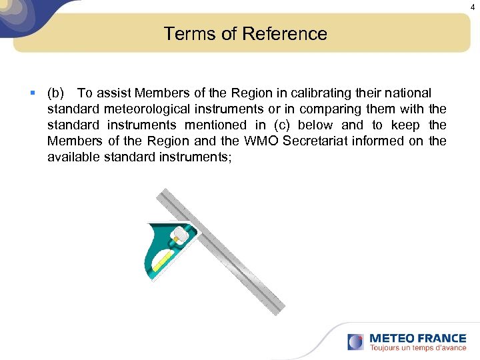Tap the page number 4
[473, 7]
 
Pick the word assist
[115, 93]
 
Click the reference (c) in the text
[279, 125]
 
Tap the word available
[74, 157]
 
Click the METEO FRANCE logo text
[417, 338]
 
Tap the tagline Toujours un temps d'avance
[417, 348]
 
